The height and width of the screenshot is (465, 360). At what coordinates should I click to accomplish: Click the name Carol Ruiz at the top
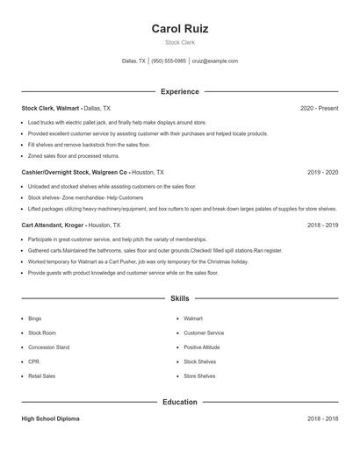point(180,29)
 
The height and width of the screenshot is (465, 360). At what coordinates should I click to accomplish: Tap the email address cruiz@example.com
point(214,61)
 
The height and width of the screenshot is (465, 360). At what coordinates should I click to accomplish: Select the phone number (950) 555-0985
point(169,61)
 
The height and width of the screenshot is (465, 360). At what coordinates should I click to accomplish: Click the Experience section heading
point(180,91)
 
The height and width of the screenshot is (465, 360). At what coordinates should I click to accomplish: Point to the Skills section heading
point(180,299)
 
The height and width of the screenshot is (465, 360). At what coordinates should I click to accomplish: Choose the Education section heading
point(180,402)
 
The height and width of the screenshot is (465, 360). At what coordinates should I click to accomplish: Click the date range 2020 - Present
point(319,108)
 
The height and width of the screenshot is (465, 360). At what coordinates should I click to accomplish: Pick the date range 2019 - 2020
point(322,173)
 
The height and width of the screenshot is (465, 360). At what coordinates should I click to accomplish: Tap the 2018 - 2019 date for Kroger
point(322,225)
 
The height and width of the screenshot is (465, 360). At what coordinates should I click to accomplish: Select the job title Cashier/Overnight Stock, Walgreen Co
point(75,173)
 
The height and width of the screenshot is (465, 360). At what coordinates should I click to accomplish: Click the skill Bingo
point(35,318)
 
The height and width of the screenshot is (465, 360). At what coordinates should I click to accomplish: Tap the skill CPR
point(34,361)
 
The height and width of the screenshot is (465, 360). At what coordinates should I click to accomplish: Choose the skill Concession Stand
point(49,347)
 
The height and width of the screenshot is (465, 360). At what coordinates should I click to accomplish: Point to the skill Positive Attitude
point(202,347)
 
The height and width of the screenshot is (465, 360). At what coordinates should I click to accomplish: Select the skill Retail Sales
point(41,376)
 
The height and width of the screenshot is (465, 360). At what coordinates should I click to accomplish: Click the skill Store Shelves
point(199,376)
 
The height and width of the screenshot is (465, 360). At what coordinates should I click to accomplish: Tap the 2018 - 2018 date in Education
point(322,419)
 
